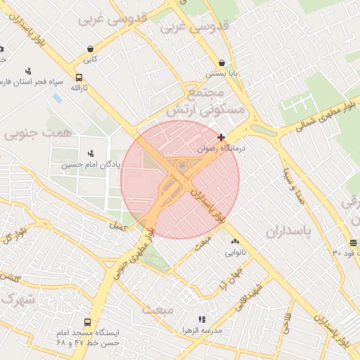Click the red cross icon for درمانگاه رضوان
[x=222, y=137]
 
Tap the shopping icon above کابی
[x=90, y=49]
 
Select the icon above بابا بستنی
[x=222, y=63]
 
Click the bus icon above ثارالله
[x=79, y=78]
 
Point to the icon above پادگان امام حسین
[x=90, y=153]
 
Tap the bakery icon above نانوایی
[x=235, y=243]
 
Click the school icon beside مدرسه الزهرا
[x=202, y=320]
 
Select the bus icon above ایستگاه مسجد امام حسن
[x=87, y=323]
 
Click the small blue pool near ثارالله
[x=57, y=98]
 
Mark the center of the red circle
[x=180, y=179]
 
